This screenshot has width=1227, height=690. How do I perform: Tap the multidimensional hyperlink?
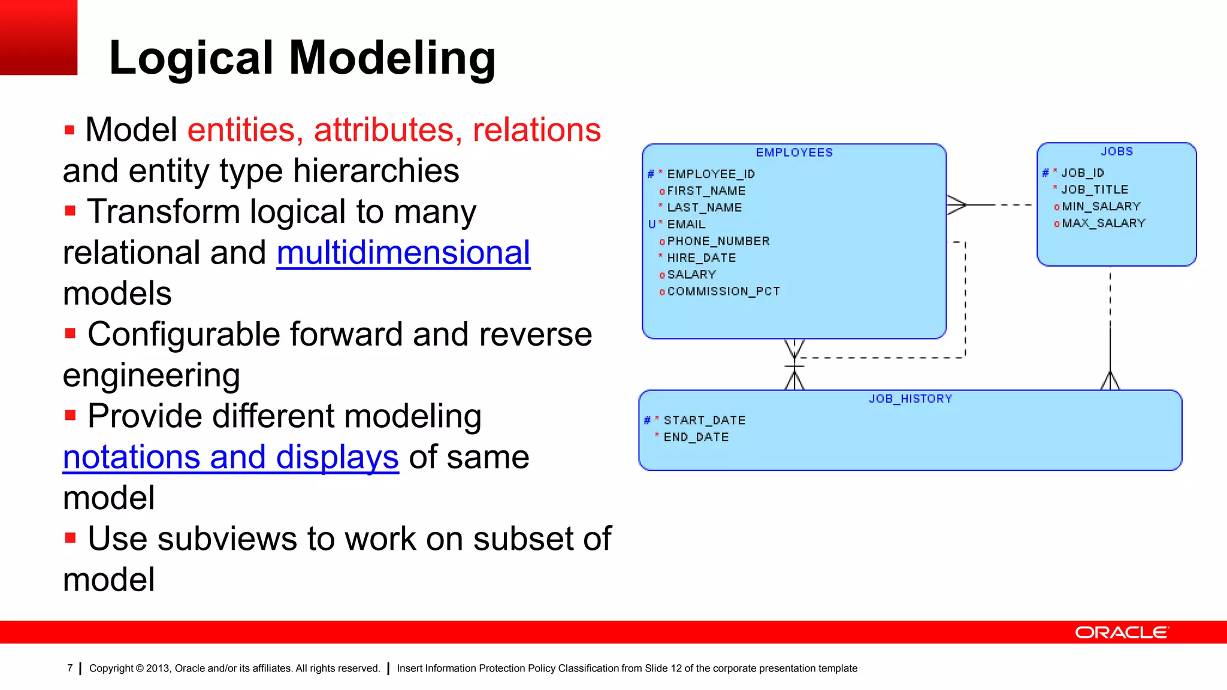tap(403, 253)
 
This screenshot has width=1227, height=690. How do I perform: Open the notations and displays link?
tap(231, 458)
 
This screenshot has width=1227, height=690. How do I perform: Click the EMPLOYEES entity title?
tap(794, 153)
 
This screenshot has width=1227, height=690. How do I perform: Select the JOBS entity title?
tap(1117, 152)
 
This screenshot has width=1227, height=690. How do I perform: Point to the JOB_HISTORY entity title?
tap(910, 399)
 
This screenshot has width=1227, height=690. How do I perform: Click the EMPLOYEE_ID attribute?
tap(711, 174)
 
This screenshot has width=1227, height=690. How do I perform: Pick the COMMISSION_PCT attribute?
tap(723, 292)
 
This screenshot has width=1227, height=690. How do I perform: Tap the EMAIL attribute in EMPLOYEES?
tap(686, 225)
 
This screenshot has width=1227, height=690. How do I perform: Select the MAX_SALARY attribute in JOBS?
tap(1103, 223)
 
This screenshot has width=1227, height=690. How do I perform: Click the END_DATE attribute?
tap(696, 437)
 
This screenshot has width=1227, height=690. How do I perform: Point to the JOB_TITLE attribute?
tap(1094, 190)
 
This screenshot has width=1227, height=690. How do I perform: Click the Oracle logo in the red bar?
tap(1122, 632)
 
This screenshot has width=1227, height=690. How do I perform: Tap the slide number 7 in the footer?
tap(70, 668)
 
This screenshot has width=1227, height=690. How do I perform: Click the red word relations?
tap(536, 130)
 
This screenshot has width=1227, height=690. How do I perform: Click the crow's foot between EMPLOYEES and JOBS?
tap(957, 205)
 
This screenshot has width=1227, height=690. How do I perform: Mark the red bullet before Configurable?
tap(70, 334)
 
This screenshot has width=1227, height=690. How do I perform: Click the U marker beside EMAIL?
tap(652, 225)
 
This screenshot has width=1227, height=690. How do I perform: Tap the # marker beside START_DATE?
tap(647, 420)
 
